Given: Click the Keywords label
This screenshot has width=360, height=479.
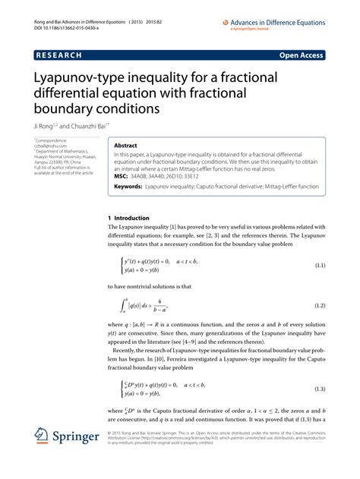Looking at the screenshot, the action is point(128,185).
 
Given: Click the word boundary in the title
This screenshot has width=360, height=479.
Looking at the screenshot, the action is point(68,109).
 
